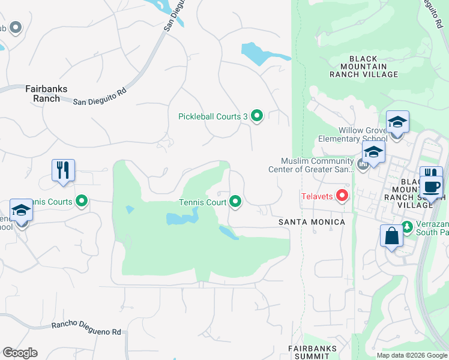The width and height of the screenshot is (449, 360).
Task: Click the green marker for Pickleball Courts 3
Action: (x=257, y=116)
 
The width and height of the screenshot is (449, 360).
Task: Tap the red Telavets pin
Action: (x=342, y=195)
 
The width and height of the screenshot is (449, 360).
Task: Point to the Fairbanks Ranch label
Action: (x=46, y=94)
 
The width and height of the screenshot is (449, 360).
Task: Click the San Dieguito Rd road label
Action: (x=100, y=95)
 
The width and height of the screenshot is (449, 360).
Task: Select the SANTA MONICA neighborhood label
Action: (x=312, y=222)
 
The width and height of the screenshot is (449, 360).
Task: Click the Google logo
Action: (x=20, y=353)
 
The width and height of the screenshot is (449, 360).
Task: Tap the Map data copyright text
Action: (x=411, y=355)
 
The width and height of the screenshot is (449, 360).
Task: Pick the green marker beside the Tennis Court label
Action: (x=235, y=202)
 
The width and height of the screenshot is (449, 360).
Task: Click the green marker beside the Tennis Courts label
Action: (x=82, y=202)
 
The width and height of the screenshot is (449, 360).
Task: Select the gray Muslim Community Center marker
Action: (x=362, y=164)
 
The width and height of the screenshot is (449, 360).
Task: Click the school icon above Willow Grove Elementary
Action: (x=397, y=122)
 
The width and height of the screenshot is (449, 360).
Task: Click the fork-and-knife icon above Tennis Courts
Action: (x=62, y=170)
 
